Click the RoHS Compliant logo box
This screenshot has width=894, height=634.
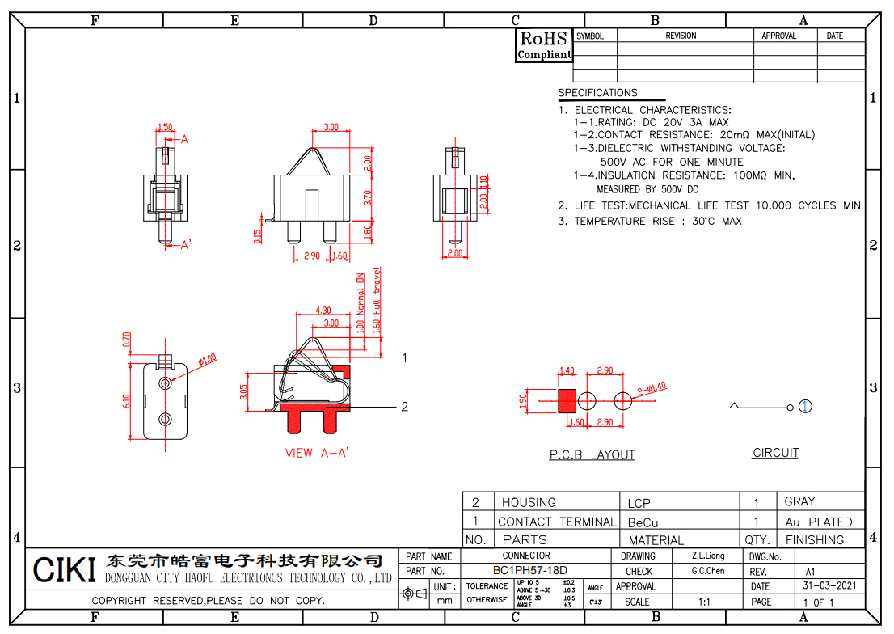click(x=544, y=45)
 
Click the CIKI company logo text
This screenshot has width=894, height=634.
click(x=65, y=569)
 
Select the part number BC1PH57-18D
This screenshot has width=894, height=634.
click(x=530, y=571)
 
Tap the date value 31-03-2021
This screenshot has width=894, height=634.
click(x=829, y=586)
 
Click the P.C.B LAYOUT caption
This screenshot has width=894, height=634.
click(x=592, y=455)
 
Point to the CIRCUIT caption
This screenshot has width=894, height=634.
click(x=775, y=453)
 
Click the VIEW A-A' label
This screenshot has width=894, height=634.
click(x=317, y=453)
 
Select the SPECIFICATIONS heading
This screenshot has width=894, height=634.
click(x=597, y=93)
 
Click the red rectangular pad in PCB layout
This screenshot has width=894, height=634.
click(x=567, y=399)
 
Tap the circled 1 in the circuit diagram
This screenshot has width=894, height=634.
click(x=806, y=406)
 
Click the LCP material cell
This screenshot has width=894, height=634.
click(x=639, y=503)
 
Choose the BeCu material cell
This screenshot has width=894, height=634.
click(x=643, y=522)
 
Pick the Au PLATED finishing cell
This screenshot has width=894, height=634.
click(x=818, y=522)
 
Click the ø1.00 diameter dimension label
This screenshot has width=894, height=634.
click(x=206, y=359)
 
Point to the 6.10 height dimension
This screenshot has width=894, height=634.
click(x=128, y=401)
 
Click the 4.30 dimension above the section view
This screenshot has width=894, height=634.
click(x=323, y=311)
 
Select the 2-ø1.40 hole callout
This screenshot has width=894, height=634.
click(x=652, y=388)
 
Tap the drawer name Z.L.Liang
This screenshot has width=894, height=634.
click(x=708, y=556)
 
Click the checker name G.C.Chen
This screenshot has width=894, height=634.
click(x=708, y=571)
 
